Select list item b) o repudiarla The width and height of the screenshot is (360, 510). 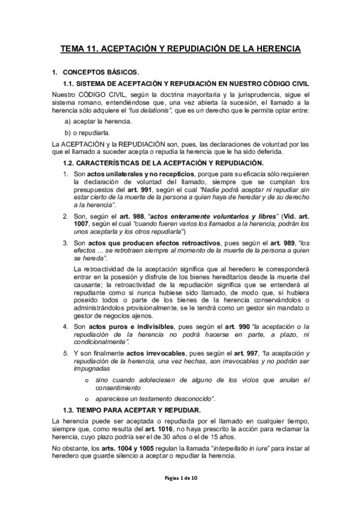point(87,133)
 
